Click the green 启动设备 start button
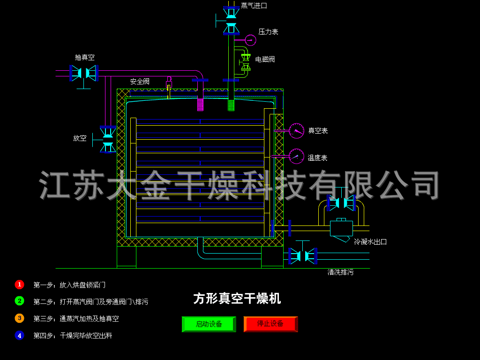[209, 324]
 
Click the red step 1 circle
[20, 285]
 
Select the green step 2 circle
[20, 301]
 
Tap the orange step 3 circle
[20, 318]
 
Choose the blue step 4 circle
[20, 335]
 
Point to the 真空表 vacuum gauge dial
[296, 131]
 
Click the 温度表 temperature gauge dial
[296, 157]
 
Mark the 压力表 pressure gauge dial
[250, 40]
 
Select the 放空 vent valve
[108, 139]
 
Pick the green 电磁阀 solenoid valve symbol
[246, 62]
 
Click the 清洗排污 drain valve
[303, 256]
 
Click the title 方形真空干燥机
[237, 299]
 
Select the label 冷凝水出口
[370, 242]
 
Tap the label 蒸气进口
[254, 6]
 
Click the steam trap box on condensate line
[341, 228]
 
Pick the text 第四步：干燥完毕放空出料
[73, 336]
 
